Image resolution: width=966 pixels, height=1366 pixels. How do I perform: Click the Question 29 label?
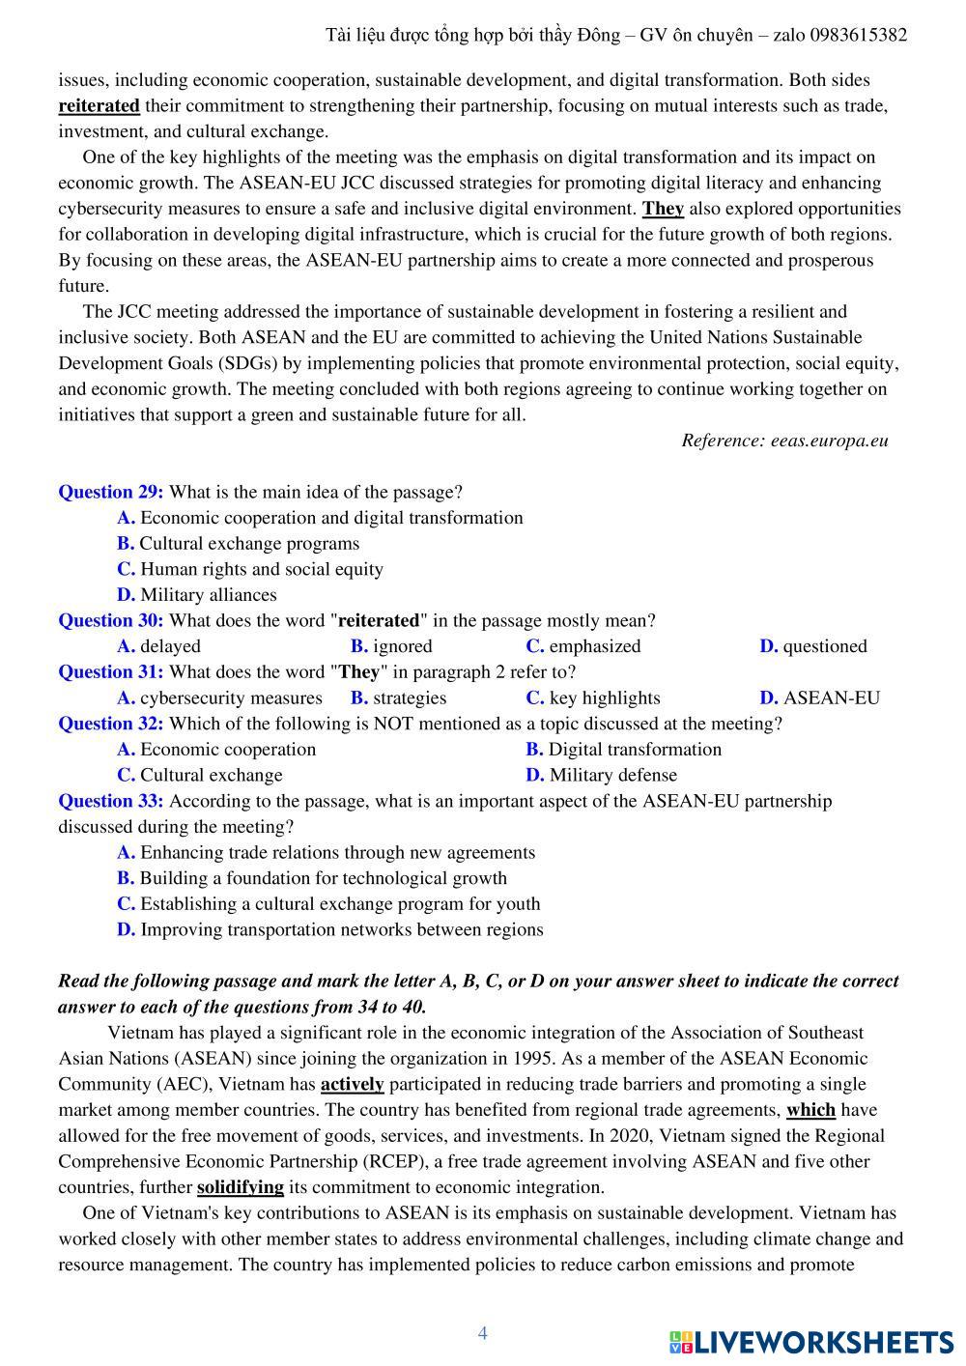(x=110, y=492)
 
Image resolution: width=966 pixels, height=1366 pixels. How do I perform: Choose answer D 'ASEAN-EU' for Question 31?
(x=819, y=697)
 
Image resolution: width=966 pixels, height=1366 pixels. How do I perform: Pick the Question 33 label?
(x=110, y=801)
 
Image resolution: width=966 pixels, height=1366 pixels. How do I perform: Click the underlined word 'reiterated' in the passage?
(x=99, y=105)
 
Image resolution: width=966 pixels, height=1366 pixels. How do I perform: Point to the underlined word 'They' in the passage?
(x=663, y=209)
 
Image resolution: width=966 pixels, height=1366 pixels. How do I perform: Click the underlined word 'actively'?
(x=352, y=1084)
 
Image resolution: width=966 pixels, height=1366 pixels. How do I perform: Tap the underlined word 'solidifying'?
(x=240, y=1187)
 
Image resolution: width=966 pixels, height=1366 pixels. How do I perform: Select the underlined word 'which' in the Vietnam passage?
(x=810, y=1110)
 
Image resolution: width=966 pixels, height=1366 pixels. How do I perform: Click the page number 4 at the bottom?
(x=483, y=1333)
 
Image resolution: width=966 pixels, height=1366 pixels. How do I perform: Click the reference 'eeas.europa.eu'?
(x=829, y=441)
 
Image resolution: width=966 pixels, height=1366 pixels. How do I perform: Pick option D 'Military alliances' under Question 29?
(x=197, y=595)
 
